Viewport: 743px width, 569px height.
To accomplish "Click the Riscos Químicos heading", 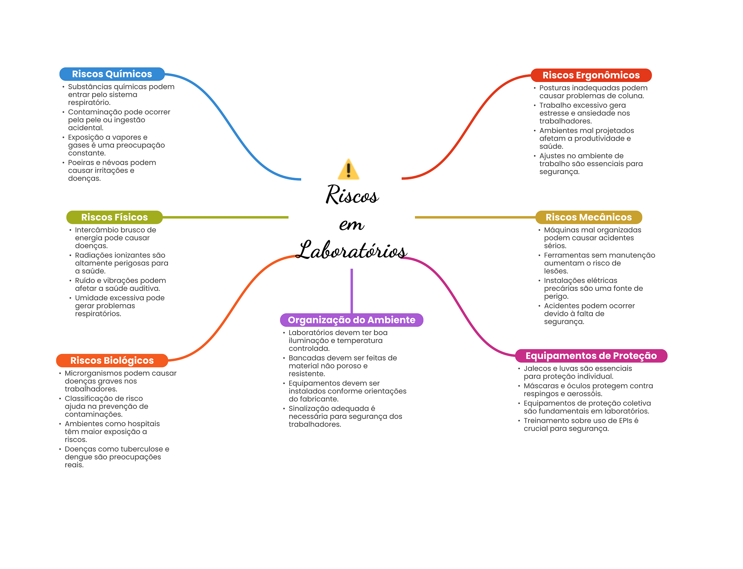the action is (x=112, y=74).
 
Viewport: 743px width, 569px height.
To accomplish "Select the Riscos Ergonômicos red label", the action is (x=591, y=75).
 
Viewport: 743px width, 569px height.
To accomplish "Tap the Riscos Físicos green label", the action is (x=114, y=217).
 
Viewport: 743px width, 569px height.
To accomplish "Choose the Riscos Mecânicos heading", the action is (x=588, y=217).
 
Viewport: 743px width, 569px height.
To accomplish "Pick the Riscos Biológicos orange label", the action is (x=112, y=360).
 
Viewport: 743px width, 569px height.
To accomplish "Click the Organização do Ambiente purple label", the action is (x=351, y=320).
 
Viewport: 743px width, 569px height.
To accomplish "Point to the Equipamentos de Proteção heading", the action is (x=591, y=356).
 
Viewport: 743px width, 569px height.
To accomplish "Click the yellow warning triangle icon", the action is (x=348, y=170).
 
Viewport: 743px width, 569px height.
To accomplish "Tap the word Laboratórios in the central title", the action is (x=351, y=250).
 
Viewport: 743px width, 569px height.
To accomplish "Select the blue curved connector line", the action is (x=232, y=127).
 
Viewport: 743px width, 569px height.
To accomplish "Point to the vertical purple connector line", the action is (x=352, y=290).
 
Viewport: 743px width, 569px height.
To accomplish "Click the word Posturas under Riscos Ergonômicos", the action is (x=554, y=88).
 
